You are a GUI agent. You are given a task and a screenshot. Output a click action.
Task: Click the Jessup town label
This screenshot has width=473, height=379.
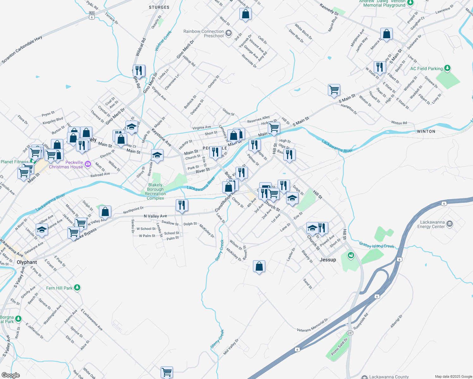tap(328, 260)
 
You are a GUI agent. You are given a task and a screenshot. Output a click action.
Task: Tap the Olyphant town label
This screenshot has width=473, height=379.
tap(27, 262)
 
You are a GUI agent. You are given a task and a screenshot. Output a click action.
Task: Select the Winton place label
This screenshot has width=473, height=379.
tap(426, 131)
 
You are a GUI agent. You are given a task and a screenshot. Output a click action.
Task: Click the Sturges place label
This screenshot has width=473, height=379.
tap(159, 7)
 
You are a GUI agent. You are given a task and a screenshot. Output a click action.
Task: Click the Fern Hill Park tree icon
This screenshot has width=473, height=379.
tap(77, 288)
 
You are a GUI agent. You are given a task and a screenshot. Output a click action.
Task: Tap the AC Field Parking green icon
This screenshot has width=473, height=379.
tap(447, 68)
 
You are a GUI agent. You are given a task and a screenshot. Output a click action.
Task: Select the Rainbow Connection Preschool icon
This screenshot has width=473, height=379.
tap(229, 33)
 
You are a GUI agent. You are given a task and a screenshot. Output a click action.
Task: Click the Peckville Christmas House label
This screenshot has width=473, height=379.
tap(66, 165)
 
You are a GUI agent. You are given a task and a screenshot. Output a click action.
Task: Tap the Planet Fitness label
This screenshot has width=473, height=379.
tap(15, 162)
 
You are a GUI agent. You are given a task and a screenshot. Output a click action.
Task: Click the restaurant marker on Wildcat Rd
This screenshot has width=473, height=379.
tap(139, 70)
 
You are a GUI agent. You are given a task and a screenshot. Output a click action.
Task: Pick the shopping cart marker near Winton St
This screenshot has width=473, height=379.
tap(334, 90)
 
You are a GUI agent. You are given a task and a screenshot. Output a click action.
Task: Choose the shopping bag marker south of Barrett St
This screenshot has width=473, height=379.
tap(259, 266)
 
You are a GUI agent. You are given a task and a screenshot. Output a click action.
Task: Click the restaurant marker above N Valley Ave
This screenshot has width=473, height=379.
tap(182, 205)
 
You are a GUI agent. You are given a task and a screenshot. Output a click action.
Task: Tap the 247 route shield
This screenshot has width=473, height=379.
tap(350, 333)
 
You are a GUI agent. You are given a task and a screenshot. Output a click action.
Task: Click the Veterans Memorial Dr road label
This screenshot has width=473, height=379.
tap(312, 326)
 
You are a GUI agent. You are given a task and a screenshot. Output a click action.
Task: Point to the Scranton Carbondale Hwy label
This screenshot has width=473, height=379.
tap(22, 50)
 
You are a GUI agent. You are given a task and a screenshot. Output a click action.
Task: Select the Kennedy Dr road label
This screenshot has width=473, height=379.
tap(329, 9)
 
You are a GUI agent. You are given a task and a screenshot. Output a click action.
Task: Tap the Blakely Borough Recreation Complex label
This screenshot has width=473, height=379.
tap(155, 191)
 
